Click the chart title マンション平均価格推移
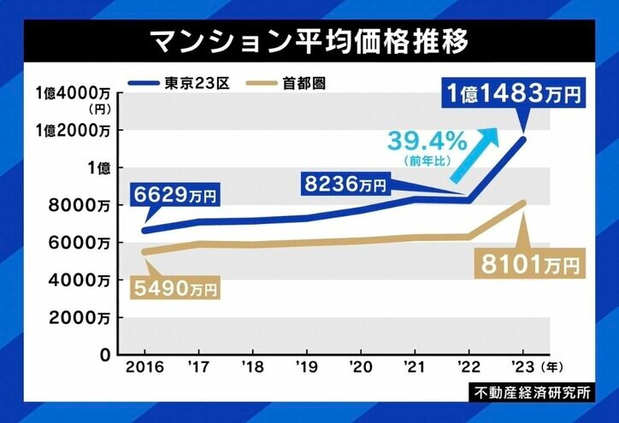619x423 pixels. [x=309, y=41]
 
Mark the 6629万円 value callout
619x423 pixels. [x=176, y=196]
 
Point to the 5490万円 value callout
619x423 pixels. [x=174, y=289]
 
